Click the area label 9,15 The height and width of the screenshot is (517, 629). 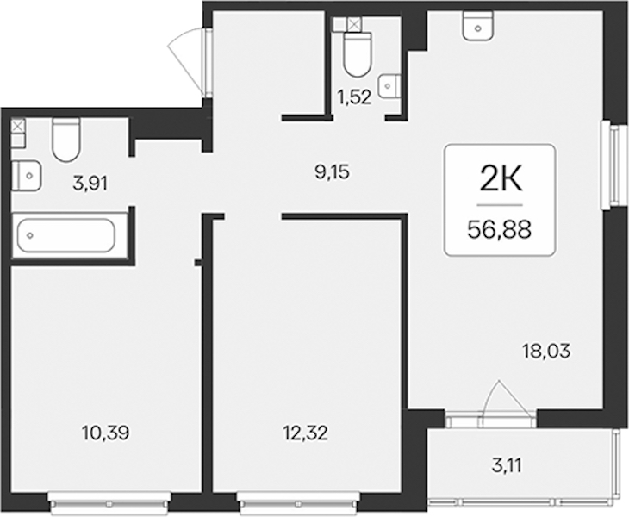click(x=332, y=172)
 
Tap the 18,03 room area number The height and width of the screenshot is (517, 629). click(x=546, y=352)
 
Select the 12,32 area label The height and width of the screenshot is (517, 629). click(x=304, y=433)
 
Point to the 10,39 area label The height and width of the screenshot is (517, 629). click(x=105, y=433)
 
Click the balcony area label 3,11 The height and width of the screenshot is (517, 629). click(x=508, y=467)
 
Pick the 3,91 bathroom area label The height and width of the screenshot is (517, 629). click(x=90, y=184)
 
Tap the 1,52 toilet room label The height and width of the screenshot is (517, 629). click(x=355, y=97)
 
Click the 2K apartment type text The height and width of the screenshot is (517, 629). click(x=501, y=180)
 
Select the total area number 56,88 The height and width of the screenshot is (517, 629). click(x=500, y=230)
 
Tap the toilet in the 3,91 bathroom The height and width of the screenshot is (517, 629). click(x=66, y=140)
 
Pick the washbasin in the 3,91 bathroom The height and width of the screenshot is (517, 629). click(x=26, y=176)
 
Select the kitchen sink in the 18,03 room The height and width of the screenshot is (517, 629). click(x=477, y=26)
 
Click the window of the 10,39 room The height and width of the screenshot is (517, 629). click(x=110, y=501)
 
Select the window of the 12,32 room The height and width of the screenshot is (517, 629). click(x=299, y=501)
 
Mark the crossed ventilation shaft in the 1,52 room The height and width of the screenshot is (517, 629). click(x=353, y=24)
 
